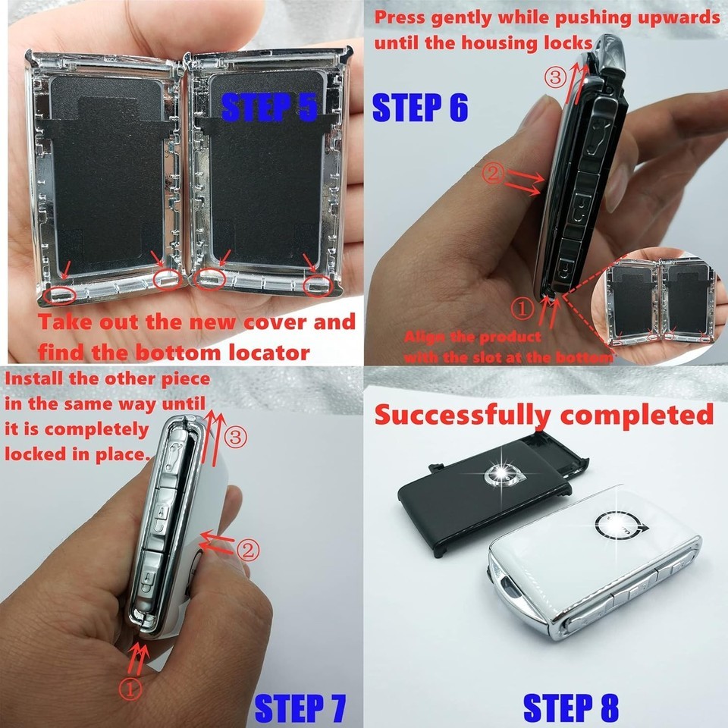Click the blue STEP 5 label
point(269,108)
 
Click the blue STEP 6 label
point(419,107)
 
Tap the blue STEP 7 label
point(301,708)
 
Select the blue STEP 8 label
point(571,708)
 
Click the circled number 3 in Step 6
point(555,77)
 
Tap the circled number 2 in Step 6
point(493,173)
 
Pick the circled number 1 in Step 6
point(522,309)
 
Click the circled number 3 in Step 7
point(236,438)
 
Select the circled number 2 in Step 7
point(249,551)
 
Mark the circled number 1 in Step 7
point(130,689)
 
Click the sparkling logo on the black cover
point(500,473)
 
